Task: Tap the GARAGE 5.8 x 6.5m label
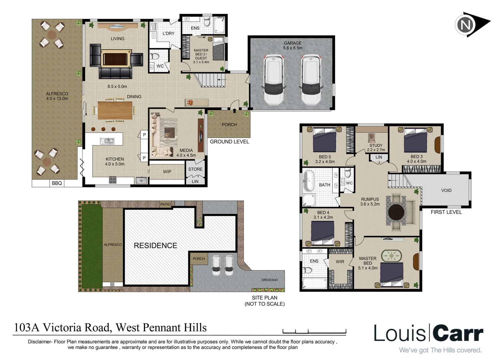tap(292, 45)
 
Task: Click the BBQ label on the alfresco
tap(57, 183)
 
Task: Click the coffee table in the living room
tap(115, 59)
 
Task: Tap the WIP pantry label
tap(167, 172)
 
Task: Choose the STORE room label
tap(195, 169)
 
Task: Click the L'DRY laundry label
tap(168, 33)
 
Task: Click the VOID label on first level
tap(446, 190)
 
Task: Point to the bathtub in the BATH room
tap(308, 181)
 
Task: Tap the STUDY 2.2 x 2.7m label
tap(376, 148)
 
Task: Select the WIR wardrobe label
tap(340, 262)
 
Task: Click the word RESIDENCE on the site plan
tap(155, 246)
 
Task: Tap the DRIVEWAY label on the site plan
tap(269, 280)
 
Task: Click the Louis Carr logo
tap(428, 333)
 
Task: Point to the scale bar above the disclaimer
tap(314, 331)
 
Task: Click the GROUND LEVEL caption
tap(229, 142)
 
